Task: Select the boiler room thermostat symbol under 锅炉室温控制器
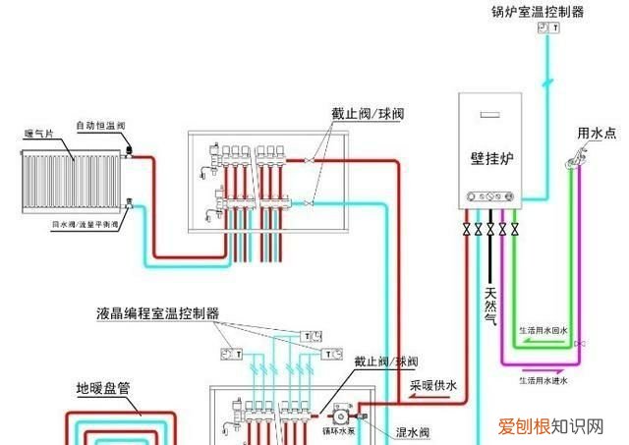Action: (549, 30)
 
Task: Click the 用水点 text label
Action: (597, 132)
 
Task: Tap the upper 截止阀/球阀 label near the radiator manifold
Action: (367, 115)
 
